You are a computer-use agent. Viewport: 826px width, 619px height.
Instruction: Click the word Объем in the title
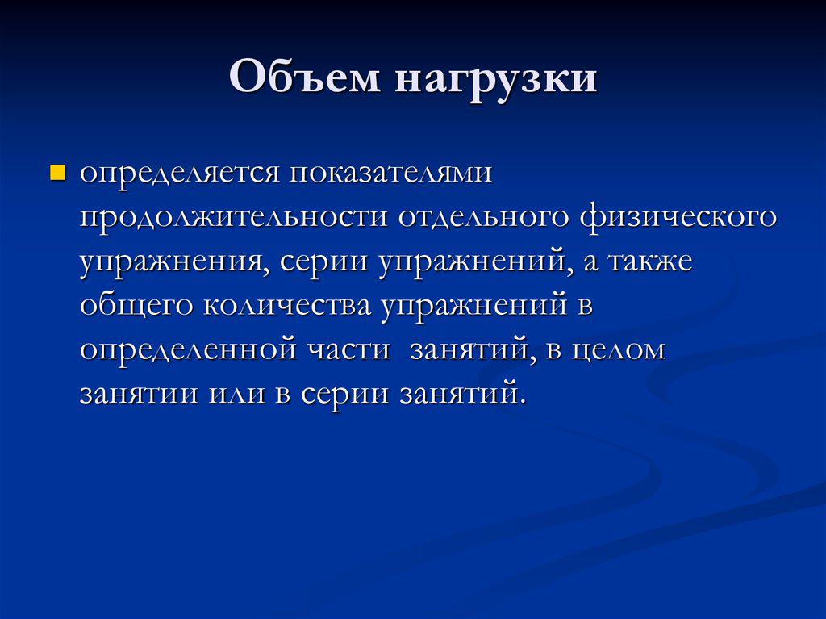click(x=305, y=77)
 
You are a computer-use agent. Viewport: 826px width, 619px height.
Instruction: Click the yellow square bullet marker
click(x=57, y=173)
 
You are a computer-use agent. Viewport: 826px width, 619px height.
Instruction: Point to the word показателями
click(x=390, y=173)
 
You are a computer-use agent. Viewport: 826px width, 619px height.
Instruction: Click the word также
click(x=651, y=262)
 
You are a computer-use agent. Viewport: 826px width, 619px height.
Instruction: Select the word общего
click(x=136, y=306)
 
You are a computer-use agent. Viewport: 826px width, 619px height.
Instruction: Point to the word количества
click(x=287, y=306)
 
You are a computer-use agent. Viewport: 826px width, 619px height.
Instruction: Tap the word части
click(x=348, y=349)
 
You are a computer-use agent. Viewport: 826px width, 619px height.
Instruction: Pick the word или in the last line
click(x=236, y=395)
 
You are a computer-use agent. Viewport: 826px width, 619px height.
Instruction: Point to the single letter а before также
click(x=590, y=263)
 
